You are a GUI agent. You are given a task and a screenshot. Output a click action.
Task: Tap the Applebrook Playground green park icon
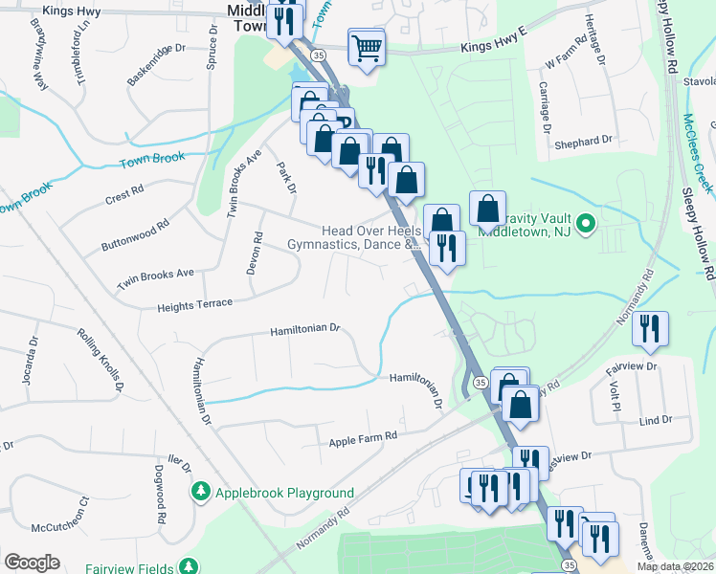201,493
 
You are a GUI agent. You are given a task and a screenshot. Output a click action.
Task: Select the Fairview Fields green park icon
190,564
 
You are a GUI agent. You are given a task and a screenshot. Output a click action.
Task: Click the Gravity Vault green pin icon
589,226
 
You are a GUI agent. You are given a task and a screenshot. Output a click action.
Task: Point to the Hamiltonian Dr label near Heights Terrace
304,328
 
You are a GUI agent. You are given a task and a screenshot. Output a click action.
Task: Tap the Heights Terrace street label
195,304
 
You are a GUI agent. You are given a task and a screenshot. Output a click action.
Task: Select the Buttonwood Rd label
135,235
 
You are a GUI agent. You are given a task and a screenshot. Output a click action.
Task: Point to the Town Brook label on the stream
152,159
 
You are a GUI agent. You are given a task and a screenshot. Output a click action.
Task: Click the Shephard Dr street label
582,142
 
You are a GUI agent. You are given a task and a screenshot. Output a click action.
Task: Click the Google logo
32,563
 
